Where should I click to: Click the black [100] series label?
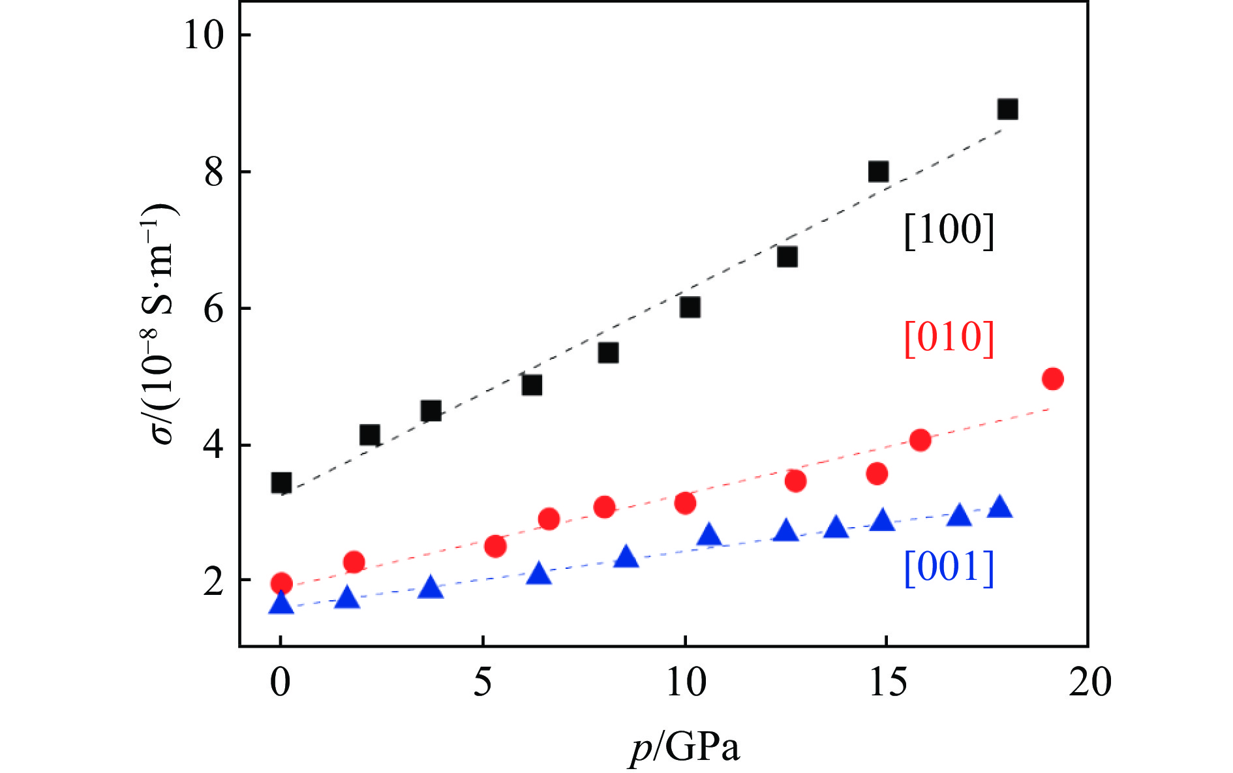pos(949,230)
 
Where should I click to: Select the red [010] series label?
pos(949,338)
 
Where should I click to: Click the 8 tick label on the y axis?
pos(214,172)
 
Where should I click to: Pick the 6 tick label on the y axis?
pos(214,309)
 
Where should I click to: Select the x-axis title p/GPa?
pos(684,748)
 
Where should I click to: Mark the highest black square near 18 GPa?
pos(1007,109)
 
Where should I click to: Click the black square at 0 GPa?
pos(281,483)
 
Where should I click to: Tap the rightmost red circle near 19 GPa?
pos(1053,378)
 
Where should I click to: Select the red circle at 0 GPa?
pos(281,583)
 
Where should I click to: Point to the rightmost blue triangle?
pos(999,507)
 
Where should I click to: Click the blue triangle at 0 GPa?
pos(281,603)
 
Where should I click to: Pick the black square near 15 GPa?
pos(878,172)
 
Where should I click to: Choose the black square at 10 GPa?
pos(690,307)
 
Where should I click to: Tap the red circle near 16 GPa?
pos(920,440)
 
